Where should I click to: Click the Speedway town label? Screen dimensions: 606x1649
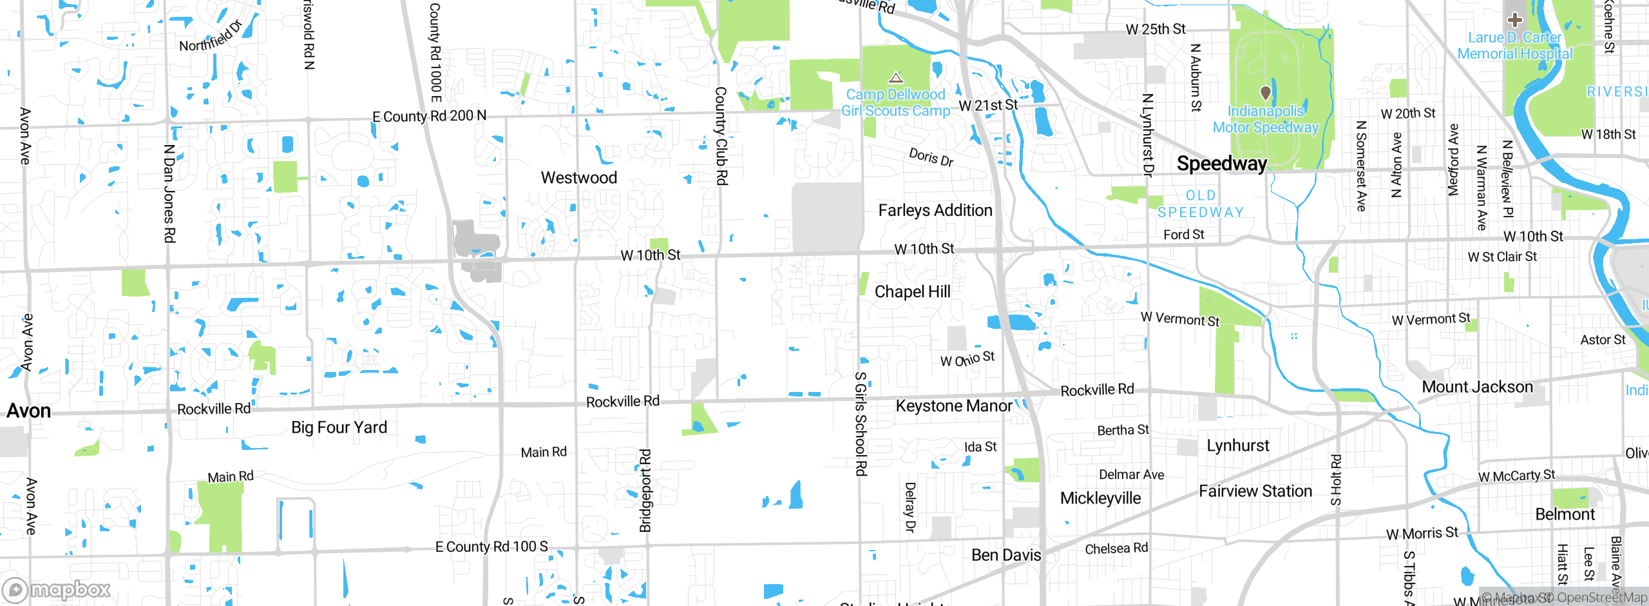coord(1221,164)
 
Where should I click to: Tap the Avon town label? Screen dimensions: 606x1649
coord(28,411)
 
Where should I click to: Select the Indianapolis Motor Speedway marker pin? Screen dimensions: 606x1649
coord(1265,93)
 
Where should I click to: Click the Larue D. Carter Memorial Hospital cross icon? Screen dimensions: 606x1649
coord(1514,20)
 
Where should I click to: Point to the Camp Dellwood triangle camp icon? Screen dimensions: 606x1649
coord(895,79)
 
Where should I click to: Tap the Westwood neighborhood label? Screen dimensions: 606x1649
coord(578,178)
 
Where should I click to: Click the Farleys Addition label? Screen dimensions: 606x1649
coord(935,211)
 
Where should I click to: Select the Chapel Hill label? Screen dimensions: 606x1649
coord(912,292)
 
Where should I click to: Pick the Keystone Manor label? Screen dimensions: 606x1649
coord(953,406)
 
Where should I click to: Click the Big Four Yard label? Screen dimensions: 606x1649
coord(339,427)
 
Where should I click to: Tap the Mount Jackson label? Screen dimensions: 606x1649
coord(1477,387)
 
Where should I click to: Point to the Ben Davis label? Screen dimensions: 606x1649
coord(1006,555)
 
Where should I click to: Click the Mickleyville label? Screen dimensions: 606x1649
coord(1100,498)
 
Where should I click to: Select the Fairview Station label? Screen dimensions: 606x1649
coord(1255,491)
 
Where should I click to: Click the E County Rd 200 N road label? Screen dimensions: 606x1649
coord(429,116)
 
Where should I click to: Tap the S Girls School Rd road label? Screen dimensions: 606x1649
coord(860,424)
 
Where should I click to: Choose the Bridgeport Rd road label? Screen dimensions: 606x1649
coord(645,491)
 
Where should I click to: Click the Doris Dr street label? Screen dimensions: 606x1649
coord(931,157)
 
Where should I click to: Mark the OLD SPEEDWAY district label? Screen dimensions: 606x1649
coord(1201,204)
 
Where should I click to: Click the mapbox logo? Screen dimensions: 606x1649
coord(57,589)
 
